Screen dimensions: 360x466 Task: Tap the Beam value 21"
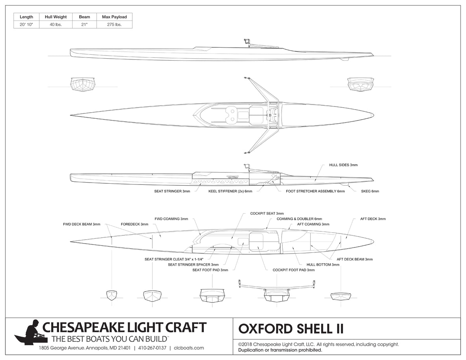[84, 24]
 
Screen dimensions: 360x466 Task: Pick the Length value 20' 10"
[26, 24]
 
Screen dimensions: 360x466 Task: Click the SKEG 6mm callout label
[370, 191]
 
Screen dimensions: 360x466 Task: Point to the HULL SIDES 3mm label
[343, 165]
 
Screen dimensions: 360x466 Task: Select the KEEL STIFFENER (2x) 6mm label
[230, 191]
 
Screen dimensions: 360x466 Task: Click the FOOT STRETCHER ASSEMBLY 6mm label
[315, 191]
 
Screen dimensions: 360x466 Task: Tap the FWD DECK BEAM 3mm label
[82, 224]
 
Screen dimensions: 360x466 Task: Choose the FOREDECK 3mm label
[134, 224]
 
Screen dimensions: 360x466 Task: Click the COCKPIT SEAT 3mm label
[267, 213]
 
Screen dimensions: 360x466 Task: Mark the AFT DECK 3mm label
[373, 219]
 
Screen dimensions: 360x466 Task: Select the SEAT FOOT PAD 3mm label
[210, 270]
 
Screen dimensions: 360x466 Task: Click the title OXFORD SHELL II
[290, 329]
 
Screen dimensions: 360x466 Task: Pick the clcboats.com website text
[189, 348]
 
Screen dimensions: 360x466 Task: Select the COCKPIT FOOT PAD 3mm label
[294, 270]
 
